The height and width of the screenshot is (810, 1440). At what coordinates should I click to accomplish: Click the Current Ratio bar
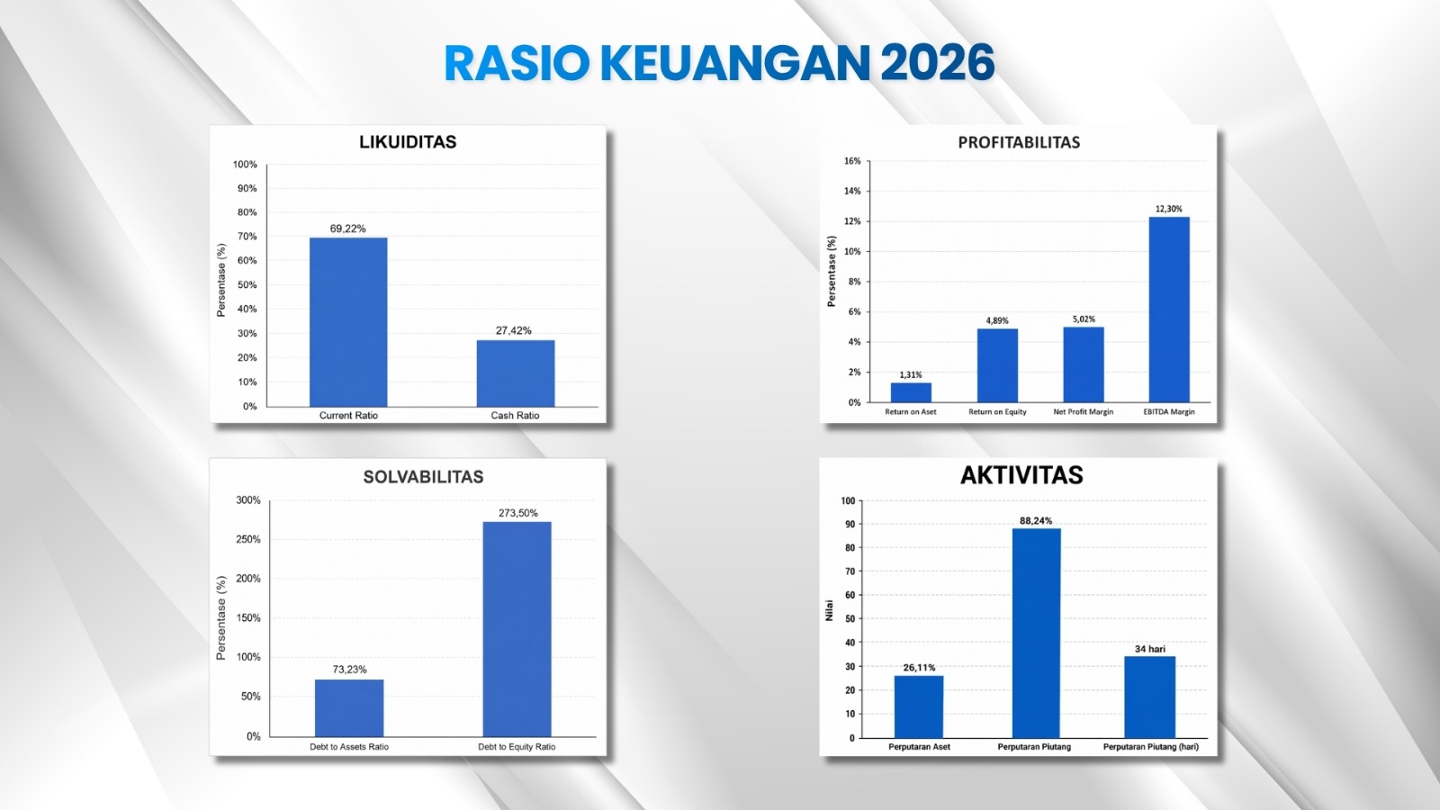click(348, 322)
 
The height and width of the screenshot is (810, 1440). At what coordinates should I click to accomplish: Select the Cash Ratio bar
click(516, 373)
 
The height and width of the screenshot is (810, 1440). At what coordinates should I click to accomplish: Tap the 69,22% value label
click(347, 229)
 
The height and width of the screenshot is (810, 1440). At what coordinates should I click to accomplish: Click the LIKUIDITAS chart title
click(408, 142)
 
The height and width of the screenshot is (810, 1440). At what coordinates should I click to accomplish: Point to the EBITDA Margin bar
click(1169, 310)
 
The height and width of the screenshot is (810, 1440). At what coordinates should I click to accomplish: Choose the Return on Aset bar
click(911, 392)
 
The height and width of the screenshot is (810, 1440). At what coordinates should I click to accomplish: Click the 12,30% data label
click(1169, 209)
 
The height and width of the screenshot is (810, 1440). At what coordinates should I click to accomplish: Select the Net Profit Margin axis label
click(1084, 412)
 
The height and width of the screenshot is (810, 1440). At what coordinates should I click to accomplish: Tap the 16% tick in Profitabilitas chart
click(852, 161)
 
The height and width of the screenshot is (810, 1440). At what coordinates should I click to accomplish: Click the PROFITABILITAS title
click(1019, 143)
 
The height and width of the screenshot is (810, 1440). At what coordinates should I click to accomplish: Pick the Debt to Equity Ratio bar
click(517, 629)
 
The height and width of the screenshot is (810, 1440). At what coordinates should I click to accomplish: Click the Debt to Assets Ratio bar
click(349, 707)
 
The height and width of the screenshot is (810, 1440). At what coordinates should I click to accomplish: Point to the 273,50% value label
click(518, 513)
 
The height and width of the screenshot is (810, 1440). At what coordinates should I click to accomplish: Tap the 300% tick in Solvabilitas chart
click(248, 500)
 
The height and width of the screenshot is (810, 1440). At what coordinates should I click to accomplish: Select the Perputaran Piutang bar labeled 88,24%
click(1036, 634)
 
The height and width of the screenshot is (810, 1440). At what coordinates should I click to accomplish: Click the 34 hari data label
click(1149, 649)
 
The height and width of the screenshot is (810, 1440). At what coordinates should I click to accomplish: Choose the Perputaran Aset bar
click(919, 706)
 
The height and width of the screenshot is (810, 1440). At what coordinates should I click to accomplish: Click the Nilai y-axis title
click(829, 611)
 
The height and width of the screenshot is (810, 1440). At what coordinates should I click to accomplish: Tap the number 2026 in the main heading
click(937, 63)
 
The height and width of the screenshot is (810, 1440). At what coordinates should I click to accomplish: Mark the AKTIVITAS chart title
click(1021, 476)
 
